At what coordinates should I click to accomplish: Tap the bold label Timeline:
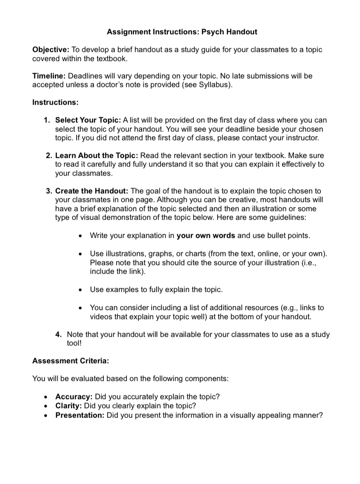coord(49,76)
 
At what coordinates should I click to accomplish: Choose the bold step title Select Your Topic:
coord(88,120)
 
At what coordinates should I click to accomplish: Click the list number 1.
coord(47,120)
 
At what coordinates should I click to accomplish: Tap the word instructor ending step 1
coord(302,138)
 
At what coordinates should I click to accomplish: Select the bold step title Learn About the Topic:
coord(97,155)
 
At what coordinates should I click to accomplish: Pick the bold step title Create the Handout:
coord(92,191)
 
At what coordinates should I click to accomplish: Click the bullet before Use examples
coord(81,290)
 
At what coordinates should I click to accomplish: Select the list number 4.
coord(58,334)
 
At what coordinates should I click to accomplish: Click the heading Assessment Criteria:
coord(70,361)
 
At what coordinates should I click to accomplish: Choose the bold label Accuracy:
coord(74,397)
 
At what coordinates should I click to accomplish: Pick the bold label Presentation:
coord(80,415)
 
